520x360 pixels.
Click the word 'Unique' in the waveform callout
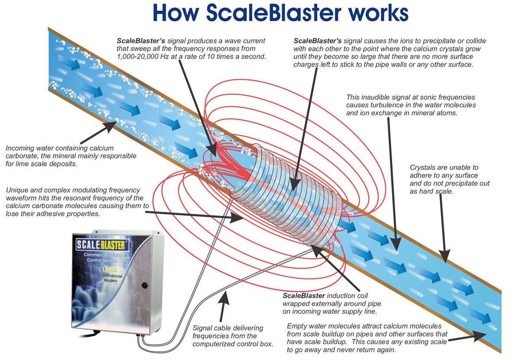pyautogui.click(x=18, y=190)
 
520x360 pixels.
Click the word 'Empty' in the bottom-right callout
pyautogui.click(x=297, y=326)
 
